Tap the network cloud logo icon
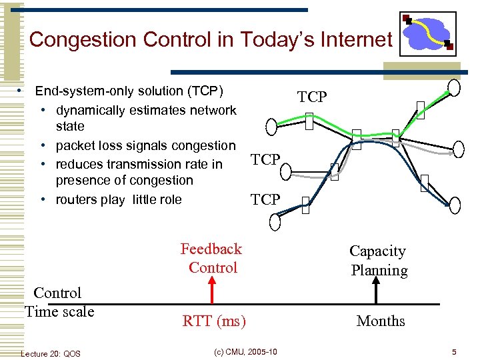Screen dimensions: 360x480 [x=427, y=33]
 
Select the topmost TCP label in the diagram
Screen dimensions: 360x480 [x=312, y=97]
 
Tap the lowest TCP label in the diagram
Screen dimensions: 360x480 [x=265, y=199]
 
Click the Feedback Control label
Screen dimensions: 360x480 [x=211, y=258]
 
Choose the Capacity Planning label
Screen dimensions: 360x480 [x=379, y=261]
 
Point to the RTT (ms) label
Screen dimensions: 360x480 [x=214, y=321]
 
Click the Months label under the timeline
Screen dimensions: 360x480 [x=381, y=321]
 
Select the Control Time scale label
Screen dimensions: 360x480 [x=59, y=302]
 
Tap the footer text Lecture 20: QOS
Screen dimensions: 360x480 [x=51, y=353]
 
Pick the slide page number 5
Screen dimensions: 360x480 [x=453, y=352]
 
